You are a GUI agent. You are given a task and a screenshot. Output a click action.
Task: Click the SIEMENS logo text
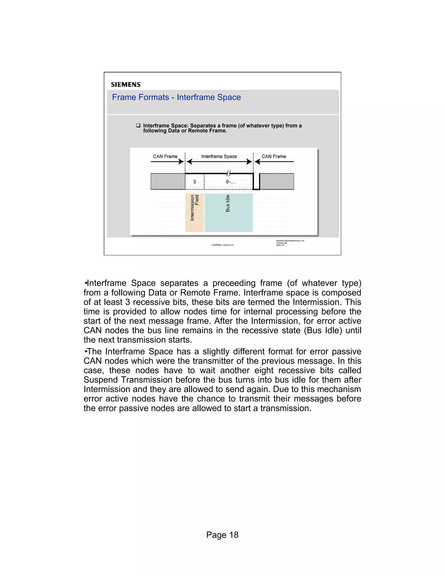(x=126, y=85)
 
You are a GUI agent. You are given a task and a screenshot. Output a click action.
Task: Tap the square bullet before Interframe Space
(x=138, y=125)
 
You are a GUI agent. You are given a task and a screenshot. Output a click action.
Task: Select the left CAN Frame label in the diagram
(x=165, y=156)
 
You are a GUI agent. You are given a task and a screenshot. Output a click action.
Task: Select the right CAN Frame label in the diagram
(x=274, y=156)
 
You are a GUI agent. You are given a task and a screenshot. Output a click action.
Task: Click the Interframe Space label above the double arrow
(x=219, y=156)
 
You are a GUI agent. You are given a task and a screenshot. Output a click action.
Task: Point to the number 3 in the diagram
(x=194, y=182)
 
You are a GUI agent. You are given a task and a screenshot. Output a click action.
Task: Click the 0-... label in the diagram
(x=230, y=182)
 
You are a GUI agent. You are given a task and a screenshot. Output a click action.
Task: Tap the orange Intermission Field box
(x=194, y=213)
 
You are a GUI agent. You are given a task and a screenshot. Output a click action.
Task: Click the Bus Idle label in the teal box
(x=228, y=203)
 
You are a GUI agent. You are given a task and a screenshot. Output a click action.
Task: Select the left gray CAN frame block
(x=168, y=181)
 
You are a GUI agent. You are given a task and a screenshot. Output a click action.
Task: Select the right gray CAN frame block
(x=277, y=181)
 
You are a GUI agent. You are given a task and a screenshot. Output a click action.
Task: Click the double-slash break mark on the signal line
(x=229, y=173)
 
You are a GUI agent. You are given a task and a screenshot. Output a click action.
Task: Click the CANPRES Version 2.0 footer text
(x=222, y=245)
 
